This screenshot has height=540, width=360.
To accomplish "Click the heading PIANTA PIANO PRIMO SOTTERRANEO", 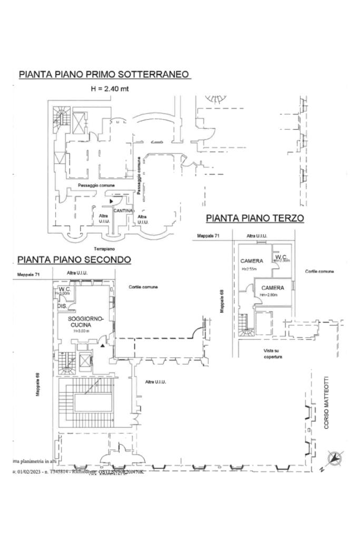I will tap(104, 74).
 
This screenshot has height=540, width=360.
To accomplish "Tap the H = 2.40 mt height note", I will tap(110, 89).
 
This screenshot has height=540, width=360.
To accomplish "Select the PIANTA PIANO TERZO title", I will tap(255, 218).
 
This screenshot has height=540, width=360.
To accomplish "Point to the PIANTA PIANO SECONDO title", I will tap(74, 259).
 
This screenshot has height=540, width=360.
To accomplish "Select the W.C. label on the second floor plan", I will tap(65, 290).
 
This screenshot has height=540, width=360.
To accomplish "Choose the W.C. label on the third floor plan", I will tap(280, 257).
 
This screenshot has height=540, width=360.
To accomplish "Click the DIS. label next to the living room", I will tap(62, 305).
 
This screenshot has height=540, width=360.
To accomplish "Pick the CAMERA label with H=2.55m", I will tap(251, 261).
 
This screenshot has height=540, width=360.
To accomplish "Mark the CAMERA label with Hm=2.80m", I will tap(273, 288).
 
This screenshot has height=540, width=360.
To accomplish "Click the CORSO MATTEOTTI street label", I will tap(326, 402).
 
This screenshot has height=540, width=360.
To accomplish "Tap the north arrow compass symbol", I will tap(335, 459).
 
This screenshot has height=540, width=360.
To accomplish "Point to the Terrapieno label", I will tap(104, 248).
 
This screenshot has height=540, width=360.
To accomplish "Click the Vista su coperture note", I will tap(273, 353).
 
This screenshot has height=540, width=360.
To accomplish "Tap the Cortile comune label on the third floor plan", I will tap(319, 272).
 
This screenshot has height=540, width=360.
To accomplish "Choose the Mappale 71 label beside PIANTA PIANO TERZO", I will tap(208, 236).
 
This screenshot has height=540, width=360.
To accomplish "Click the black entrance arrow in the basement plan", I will tap(111, 201).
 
